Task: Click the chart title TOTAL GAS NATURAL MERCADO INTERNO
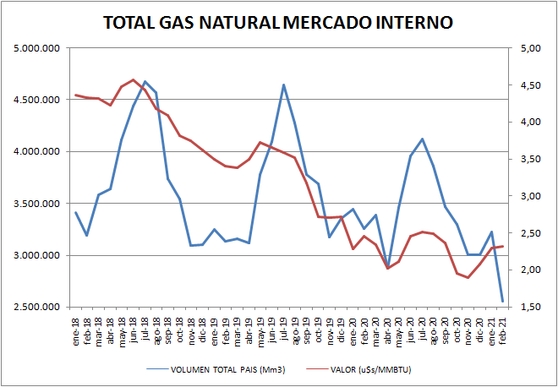tap(277, 22)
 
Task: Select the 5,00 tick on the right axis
tap(529, 48)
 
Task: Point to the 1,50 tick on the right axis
tap(529, 307)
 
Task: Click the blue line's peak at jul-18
tap(145, 82)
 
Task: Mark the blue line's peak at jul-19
tap(283, 84)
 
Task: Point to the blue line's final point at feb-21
tap(502, 302)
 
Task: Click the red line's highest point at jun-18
tap(134, 79)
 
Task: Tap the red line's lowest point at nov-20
tap(468, 278)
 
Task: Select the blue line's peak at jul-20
tap(422, 139)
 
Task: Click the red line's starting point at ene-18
tap(76, 95)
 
